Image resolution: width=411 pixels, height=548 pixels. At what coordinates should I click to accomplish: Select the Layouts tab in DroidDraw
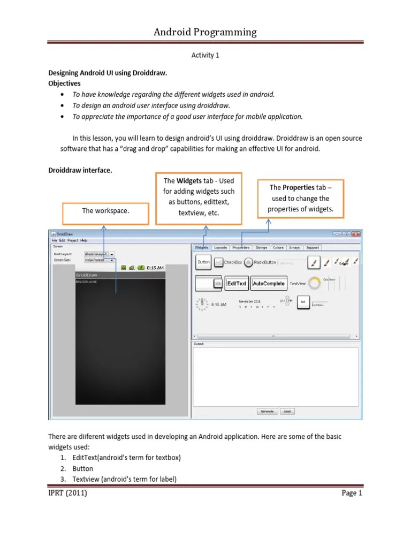point(220,248)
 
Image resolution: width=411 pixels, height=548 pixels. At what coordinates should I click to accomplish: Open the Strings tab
point(261,248)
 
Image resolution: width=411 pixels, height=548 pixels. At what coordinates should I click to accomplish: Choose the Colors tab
point(278,248)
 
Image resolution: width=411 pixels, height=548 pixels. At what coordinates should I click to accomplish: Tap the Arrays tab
point(295,248)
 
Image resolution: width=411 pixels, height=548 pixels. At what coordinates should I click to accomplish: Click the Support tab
point(313,248)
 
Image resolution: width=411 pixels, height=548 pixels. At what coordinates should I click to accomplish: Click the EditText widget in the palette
point(237,283)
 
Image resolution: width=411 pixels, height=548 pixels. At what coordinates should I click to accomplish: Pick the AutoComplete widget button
point(269,283)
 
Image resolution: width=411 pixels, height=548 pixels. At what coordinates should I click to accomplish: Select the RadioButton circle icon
point(249,262)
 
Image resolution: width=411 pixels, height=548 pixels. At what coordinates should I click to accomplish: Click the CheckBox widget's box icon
point(219,262)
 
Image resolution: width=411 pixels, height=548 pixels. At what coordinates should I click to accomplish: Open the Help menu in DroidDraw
point(84,240)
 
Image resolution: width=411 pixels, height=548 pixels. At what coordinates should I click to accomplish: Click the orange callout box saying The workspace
point(105,212)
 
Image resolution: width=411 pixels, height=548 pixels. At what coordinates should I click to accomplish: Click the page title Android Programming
point(205,32)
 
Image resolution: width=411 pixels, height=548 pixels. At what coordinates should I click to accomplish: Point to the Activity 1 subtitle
point(205,55)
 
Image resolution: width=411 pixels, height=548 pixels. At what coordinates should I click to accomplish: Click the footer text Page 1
point(352,493)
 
